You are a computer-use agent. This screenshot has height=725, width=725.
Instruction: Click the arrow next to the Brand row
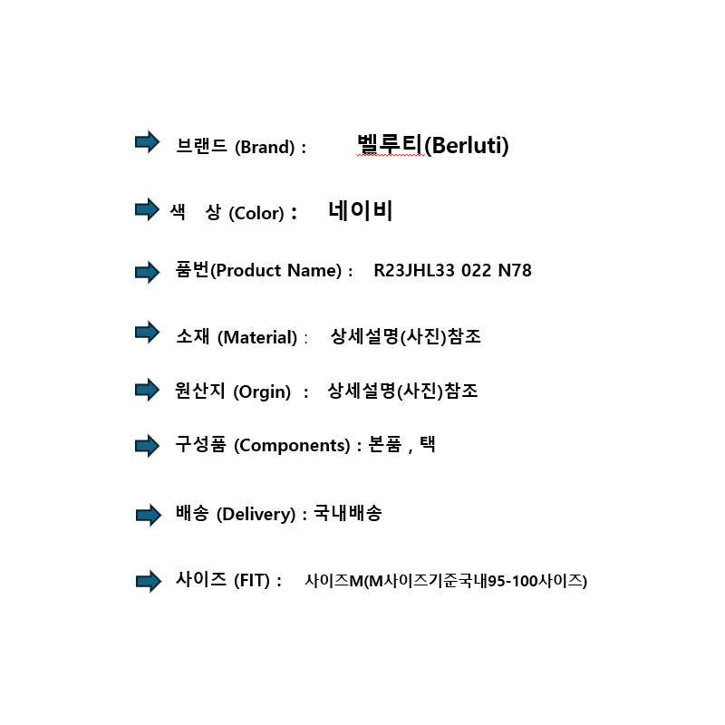[147, 141]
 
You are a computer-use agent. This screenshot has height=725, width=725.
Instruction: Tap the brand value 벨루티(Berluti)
[433, 145]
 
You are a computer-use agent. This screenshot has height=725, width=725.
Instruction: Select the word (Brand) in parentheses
[265, 148]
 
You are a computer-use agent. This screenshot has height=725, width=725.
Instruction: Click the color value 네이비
[360, 211]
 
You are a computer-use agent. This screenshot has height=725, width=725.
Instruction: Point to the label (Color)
[256, 213]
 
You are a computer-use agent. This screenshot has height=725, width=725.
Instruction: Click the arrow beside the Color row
[147, 209]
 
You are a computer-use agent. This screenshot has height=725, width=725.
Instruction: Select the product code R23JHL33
[414, 270]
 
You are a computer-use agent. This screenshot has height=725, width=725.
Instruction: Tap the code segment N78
[515, 270]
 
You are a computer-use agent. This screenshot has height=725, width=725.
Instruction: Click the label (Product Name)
[276, 270]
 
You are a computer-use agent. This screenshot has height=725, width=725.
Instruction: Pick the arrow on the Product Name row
[147, 272]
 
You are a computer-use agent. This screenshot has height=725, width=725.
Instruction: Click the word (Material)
[257, 337]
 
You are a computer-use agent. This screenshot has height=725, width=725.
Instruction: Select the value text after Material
[406, 336]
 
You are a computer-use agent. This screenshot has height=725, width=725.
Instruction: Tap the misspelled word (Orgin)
[262, 392]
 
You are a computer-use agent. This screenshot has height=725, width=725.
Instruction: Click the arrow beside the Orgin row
[147, 390]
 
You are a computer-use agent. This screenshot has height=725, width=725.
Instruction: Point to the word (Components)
[292, 446]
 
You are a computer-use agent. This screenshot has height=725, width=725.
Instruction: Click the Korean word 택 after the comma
[428, 444]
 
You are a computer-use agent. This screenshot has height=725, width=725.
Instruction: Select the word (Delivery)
[256, 514]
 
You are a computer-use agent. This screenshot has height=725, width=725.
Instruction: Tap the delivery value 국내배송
[348, 513]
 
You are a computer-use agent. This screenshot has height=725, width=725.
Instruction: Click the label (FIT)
[252, 580]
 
